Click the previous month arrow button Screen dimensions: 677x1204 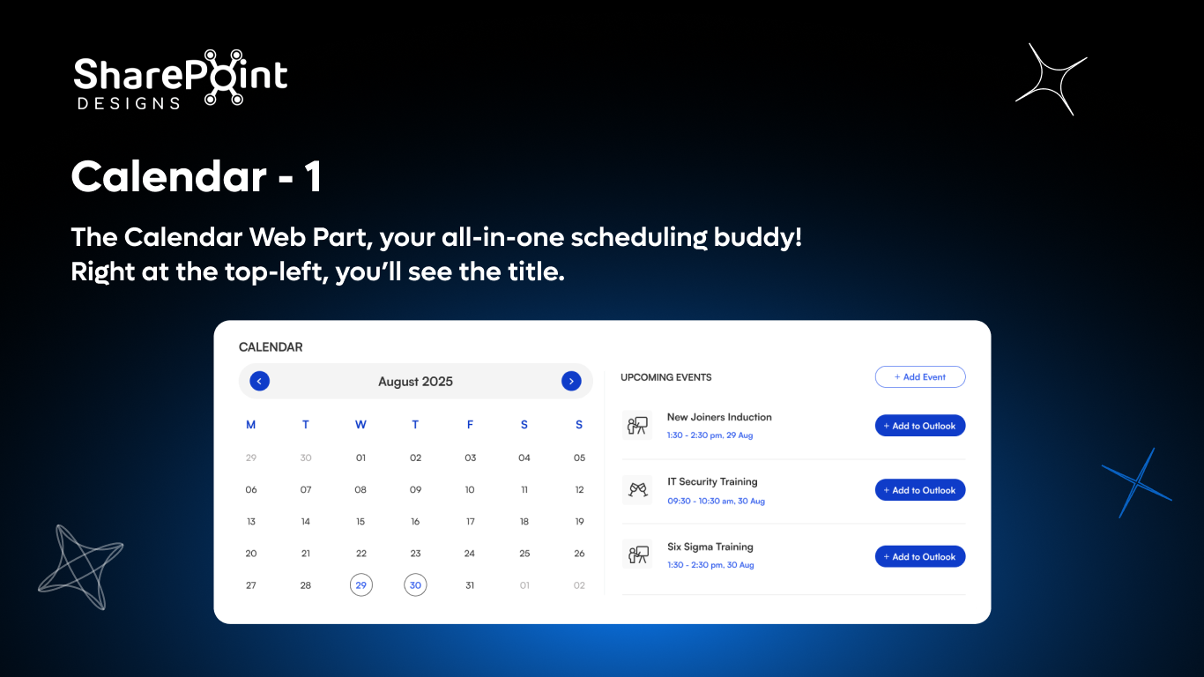259,381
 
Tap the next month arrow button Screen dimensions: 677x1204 571,381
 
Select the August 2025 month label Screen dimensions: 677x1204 415,382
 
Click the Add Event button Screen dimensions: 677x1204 919,377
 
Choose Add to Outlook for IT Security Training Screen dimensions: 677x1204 919,490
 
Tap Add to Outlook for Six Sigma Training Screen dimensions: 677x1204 919,556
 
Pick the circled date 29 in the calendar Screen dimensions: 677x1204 360,585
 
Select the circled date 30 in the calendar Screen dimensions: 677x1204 415,585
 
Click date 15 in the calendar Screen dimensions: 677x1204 360,522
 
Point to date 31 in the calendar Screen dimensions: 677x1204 470,585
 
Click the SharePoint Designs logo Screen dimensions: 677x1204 181,79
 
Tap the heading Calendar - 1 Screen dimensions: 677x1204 196,177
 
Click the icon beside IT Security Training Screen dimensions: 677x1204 637,490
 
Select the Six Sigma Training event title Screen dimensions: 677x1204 710,547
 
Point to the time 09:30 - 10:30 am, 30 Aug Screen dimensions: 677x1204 716,501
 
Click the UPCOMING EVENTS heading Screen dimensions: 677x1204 665,377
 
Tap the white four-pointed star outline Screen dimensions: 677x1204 1051,79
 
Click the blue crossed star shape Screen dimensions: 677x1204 1137,483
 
